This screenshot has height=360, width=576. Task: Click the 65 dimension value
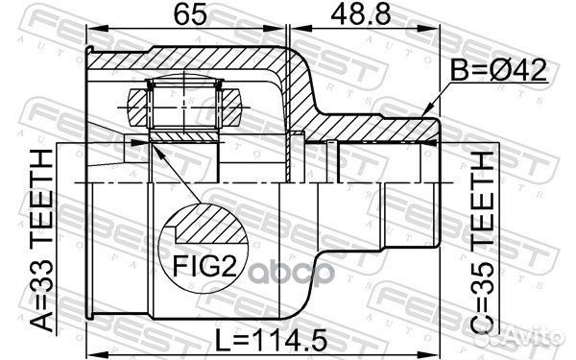click(x=189, y=15)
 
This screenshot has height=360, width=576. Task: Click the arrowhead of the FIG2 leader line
click(x=153, y=145)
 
